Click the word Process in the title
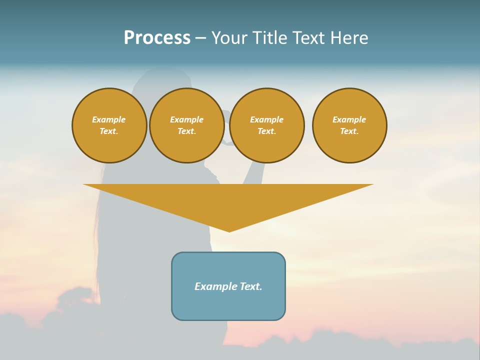tap(157, 38)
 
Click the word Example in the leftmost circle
tap(109, 119)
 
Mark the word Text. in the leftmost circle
tap(109, 131)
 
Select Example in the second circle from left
tap(187, 119)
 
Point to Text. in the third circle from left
tap(267, 131)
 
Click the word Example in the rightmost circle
tap(349, 119)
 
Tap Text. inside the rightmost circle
tap(349, 131)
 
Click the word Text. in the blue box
tap(250, 286)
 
